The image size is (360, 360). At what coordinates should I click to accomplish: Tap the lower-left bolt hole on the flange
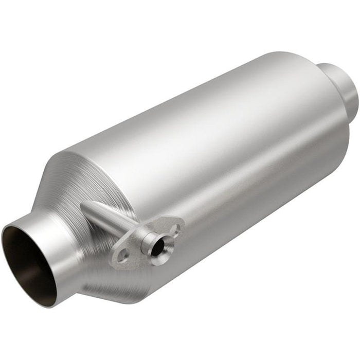coord(122,255)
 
